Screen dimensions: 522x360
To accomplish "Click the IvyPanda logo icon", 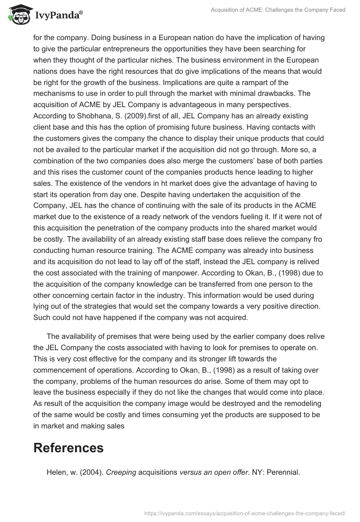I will tap(17, 15).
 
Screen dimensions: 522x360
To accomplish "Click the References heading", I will tap(68, 447).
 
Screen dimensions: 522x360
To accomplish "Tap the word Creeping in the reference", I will tap(121, 472).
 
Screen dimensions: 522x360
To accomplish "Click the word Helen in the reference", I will tap(57, 472).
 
